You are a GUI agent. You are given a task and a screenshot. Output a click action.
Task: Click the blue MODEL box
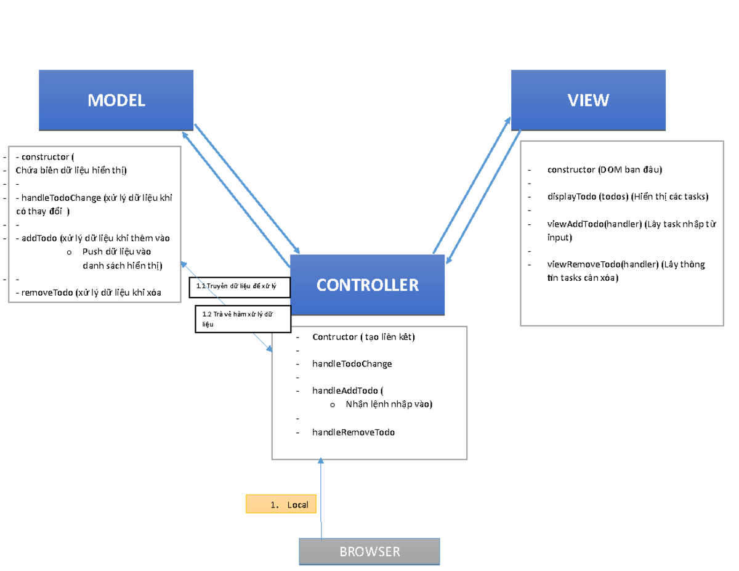pyautogui.click(x=116, y=100)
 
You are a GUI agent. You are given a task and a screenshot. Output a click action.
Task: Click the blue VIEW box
pyautogui.click(x=588, y=100)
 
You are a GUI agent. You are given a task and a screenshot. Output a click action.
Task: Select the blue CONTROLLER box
pyautogui.click(x=367, y=285)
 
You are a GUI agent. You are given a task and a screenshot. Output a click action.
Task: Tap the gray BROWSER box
pyautogui.click(x=369, y=551)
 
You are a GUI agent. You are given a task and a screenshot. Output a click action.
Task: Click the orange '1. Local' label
pyautogui.click(x=281, y=504)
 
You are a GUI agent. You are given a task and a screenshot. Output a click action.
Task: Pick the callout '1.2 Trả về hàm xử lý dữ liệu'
pyautogui.click(x=243, y=318)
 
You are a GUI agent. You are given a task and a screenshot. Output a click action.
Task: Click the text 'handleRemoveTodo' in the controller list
pyautogui.click(x=353, y=432)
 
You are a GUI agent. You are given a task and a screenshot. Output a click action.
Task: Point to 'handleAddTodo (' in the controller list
pyautogui.click(x=347, y=391)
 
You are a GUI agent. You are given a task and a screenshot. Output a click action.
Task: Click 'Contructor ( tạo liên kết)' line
pyautogui.click(x=363, y=337)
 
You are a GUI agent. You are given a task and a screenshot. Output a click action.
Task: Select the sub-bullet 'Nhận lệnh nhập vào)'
pyautogui.click(x=389, y=404)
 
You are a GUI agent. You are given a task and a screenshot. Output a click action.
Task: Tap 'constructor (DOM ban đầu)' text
pyautogui.click(x=604, y=169)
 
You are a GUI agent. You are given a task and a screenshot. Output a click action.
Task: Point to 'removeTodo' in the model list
pyautogui.click(x=46, y=293)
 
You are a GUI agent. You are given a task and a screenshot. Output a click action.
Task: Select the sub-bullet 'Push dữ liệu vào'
pyautogui.click(x=116, y=252)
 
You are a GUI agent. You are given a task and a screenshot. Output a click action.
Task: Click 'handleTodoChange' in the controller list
pyautogui.click(x=352, y=364)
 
